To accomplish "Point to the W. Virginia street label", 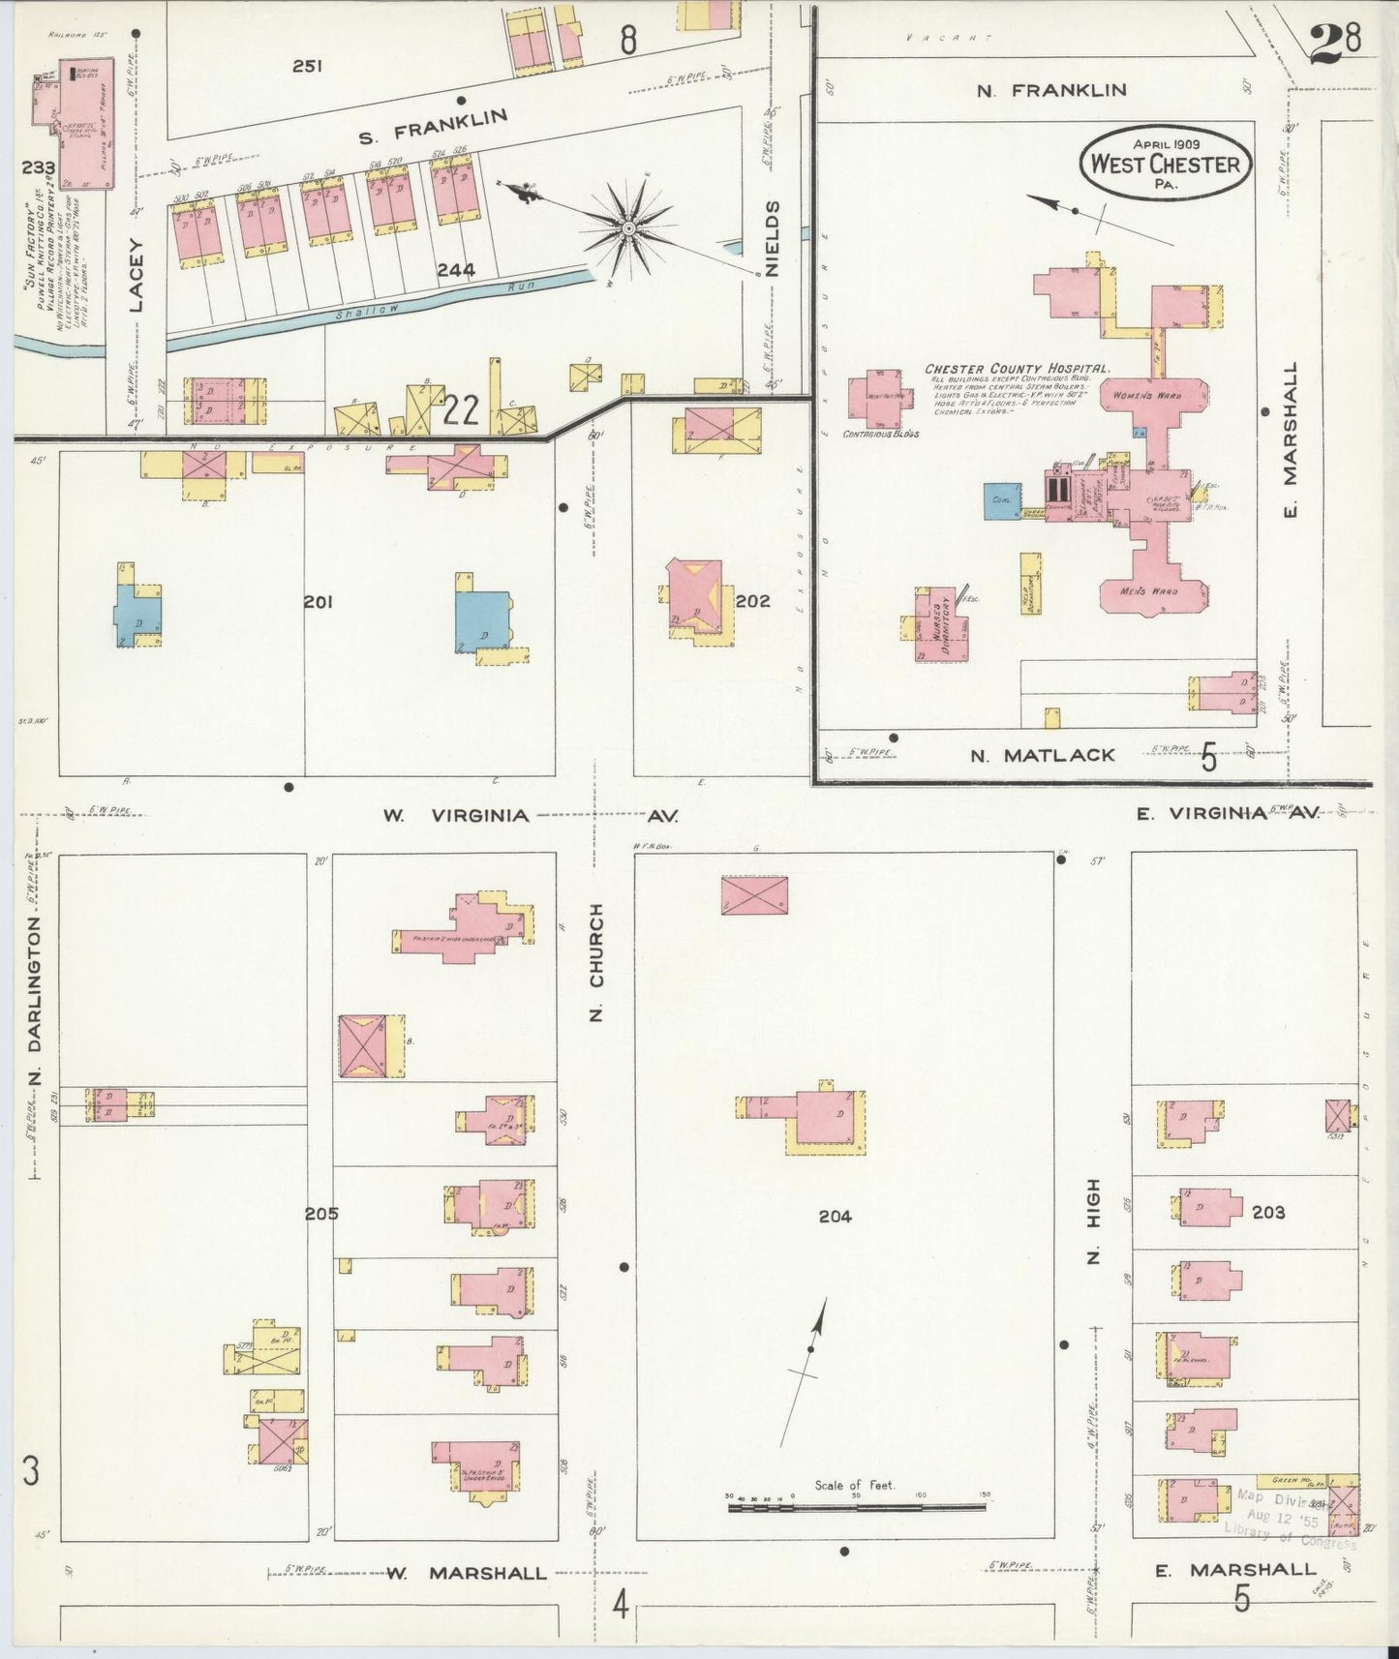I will tap(455, 816).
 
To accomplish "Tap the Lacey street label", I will tap(136, 275).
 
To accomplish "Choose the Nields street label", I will tap(772, 239).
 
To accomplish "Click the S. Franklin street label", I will tap(433, 127).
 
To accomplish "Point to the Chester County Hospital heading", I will tap(1017, 369).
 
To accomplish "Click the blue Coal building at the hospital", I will tap(1000, 500).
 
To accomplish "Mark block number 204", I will tap(835, 1217).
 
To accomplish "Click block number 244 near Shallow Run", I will tap(455, 270).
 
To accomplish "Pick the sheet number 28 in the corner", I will tap(1336, 42).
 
